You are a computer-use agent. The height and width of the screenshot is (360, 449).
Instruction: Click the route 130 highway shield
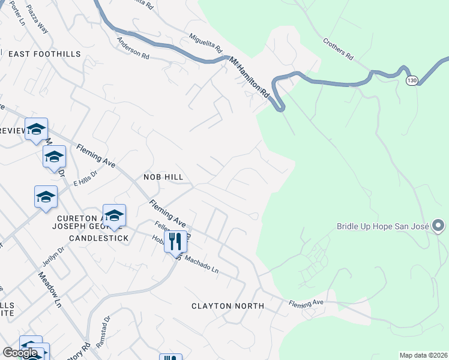(x=411, y=80)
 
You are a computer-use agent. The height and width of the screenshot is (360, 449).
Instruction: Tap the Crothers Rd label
(x=337, y=49)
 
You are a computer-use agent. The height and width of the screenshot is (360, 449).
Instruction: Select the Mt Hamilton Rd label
(x=249, y=77)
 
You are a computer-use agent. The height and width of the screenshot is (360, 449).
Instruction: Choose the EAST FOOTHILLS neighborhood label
(x=44, y=54)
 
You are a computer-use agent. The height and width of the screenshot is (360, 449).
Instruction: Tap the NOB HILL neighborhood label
(x=163, y=177)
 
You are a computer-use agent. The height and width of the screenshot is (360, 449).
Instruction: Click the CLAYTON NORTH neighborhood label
(x=228, y=306)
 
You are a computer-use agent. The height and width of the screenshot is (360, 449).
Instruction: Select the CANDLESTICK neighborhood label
(x=99, y=238)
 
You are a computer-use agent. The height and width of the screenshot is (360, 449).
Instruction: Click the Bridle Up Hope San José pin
(x=438, y=226)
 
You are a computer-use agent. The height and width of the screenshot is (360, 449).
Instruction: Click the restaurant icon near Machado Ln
(x=175, y=241)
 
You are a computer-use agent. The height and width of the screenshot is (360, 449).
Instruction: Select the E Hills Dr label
(x=85, y=175)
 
